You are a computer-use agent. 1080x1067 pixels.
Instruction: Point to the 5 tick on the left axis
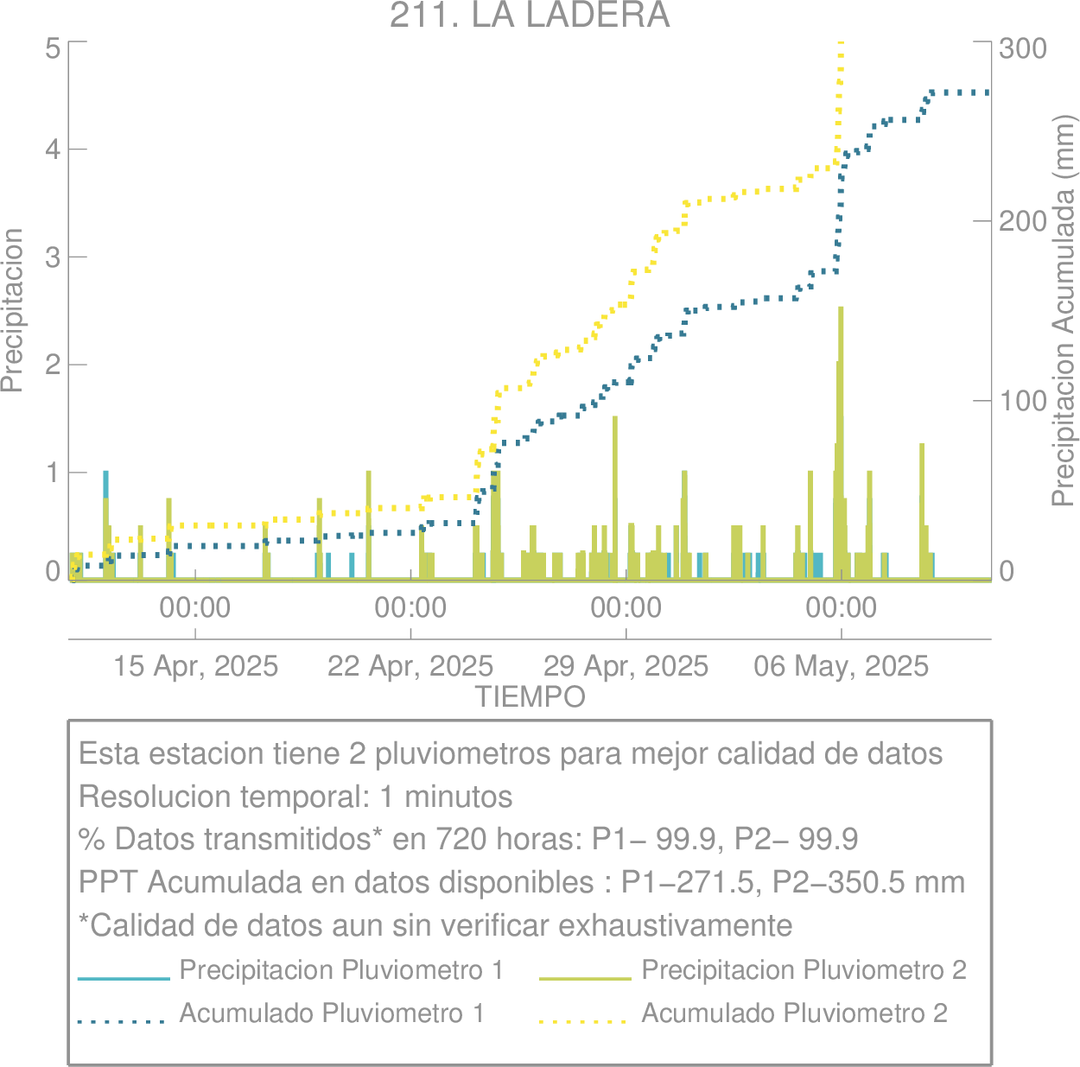point(54,48)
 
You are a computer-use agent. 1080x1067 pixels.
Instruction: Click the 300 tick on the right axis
point(1023,48)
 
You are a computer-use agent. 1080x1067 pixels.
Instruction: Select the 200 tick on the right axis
point(1023,221)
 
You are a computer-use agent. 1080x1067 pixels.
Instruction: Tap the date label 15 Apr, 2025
point(195,666)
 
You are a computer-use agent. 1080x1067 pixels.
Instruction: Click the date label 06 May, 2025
point(842,666)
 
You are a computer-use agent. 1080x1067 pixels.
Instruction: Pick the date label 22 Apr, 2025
point(410,666)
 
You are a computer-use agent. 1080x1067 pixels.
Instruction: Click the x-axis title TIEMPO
point(530,697)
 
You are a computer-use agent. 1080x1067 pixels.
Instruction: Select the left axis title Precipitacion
point(12,310)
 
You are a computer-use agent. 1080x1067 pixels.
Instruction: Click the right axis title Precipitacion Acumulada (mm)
point(1064,311)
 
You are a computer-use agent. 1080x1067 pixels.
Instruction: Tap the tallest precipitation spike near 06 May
point(840,443)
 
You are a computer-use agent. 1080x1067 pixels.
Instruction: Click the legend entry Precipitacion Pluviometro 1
point(341,970)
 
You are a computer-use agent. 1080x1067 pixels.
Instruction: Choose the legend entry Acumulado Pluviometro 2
point(794,1013)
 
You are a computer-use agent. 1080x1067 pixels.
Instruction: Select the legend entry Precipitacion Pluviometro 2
point(804,970)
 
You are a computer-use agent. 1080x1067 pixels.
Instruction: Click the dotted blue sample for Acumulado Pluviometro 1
point(121,1021)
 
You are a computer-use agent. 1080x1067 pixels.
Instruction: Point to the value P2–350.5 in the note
point(838,882)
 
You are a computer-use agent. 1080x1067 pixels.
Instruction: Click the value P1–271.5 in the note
point(687,882)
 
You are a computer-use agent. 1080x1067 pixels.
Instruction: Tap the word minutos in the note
point(459,797)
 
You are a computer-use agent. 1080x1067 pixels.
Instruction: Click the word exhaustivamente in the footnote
point(676,925)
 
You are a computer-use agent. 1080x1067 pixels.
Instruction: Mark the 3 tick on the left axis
point(54,257)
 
